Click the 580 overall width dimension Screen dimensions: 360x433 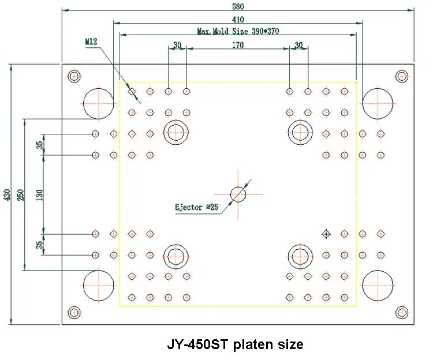pos(238,7)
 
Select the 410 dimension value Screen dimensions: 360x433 pos(238,19)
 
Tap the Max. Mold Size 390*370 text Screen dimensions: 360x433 pos(237,31)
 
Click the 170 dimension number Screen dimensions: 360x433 pos(237,44)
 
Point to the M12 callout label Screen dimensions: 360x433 pos(91,42)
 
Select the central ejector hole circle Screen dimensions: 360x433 pos(238,194)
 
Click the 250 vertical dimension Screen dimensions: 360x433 pos(20,194)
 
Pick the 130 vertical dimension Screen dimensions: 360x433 pos(39,194)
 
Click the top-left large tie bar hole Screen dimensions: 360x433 pos(99,103)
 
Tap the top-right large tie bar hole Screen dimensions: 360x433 pos(378,103)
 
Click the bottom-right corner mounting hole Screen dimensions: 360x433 pos(401,312)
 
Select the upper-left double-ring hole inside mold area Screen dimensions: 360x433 pos(176,132)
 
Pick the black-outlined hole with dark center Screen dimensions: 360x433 pos(326,234)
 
